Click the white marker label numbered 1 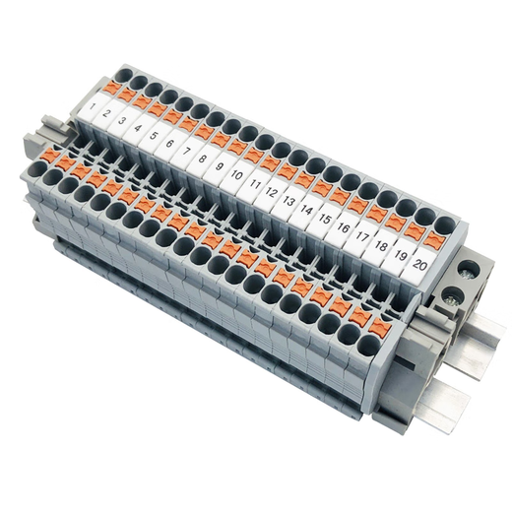[x=93, y=104]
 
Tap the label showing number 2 [x=107, y=113]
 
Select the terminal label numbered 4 [x=139, y=128]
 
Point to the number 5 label [x=155, y=136]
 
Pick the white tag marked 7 [x=187, y=152]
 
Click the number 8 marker [x=203, y=159]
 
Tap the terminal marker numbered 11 [x=254, y=184]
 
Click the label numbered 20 [x=420, y=265]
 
